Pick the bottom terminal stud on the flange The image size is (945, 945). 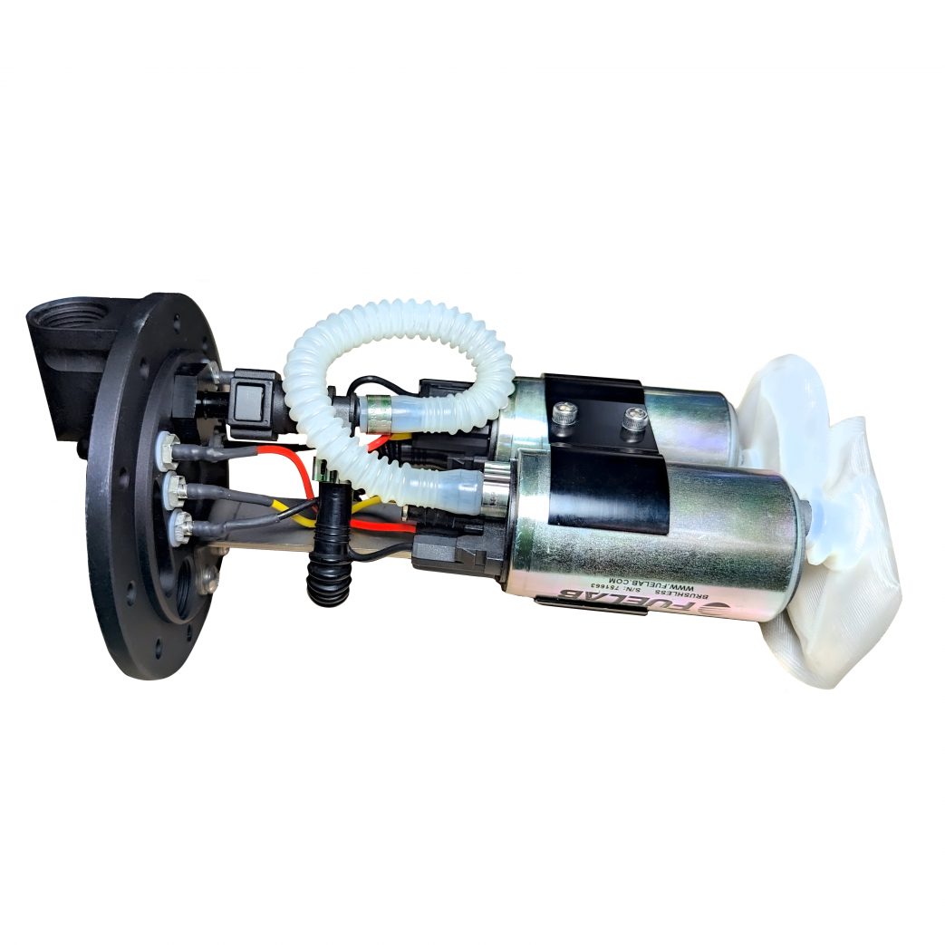click(x=181, y=523)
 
